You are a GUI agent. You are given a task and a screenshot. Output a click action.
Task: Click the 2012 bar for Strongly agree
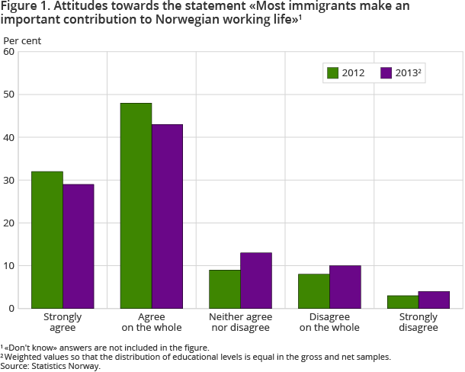click(x=47, y=240)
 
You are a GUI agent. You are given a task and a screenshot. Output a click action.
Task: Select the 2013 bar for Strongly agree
click(x=79, y=246)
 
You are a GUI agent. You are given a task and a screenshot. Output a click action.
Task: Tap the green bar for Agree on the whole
click(x=136, y=206)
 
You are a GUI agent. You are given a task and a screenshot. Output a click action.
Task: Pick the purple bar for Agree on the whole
click(x=167, y=216)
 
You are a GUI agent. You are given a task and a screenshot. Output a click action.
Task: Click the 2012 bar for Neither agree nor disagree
click(x=225, y=289)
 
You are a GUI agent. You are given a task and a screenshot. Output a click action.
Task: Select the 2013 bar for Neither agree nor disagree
click(x=256, y=281)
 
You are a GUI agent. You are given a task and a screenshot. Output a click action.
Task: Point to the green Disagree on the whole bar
click(x=314, y=291)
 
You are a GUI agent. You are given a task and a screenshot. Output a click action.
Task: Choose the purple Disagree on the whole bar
click(x=345, y=287)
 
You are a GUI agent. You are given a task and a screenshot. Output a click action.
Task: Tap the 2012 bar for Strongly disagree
click(x=403, y=302)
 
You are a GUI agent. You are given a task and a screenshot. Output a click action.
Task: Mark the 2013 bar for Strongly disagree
click(x=435, y=300)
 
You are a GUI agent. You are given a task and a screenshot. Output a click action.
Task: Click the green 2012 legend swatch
click(x=332, y=73)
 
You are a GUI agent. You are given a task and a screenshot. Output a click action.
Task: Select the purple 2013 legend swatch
click(x=386, y=73)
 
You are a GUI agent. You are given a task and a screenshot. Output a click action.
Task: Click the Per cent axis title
click(x=23, y=40)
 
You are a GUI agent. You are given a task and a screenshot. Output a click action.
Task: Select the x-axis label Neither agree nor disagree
click(x=240, y=322)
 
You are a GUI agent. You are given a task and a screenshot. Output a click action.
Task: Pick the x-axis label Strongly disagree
click(x=418, y=322)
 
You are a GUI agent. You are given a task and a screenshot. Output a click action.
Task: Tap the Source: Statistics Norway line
click(x=50, y=366)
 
